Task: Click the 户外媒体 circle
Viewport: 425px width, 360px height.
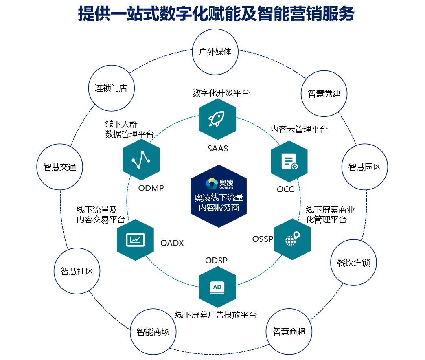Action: click(x=215, y=52)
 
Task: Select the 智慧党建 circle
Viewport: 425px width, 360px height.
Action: click(x=324, y=94)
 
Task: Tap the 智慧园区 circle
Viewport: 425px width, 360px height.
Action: click(x=364, y=167)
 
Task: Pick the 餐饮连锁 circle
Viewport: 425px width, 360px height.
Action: click(x=353, y=263)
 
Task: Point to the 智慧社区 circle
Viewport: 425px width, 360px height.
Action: click(x=77, y=271)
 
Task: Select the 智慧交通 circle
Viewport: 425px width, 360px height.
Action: click(x=59, y=167)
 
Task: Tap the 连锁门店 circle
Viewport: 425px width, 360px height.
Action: click(x=111, y=88)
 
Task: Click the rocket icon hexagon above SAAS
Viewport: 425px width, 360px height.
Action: click(x=218, y=119)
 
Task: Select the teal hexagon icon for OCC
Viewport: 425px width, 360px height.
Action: click(x=289, y=161)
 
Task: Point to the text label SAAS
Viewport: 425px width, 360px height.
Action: click(x=218, y=149)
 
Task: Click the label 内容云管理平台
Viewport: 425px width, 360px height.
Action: click(x=299, y=130)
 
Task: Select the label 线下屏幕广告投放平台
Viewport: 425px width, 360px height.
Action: click(x=216, y=315)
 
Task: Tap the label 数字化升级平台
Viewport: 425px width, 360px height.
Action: click(x=221, y=93)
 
